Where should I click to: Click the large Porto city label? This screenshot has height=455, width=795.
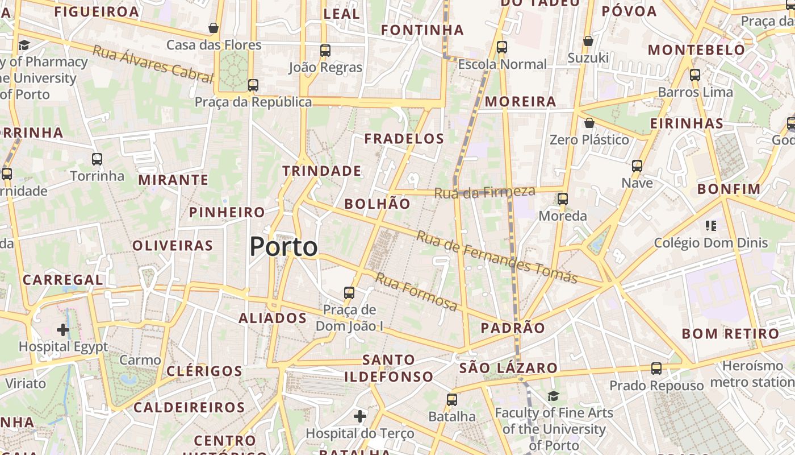(283, 247)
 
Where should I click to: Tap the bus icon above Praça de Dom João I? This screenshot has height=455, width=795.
(349, 293)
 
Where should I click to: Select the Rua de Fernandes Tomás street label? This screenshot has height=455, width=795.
(497, 257)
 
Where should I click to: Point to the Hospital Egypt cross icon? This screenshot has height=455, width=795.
(63, 329)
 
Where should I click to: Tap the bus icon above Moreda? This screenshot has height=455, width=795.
(563, 199)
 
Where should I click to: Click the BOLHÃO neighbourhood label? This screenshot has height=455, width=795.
(377, 204)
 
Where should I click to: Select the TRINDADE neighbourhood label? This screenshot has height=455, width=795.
(321, 171)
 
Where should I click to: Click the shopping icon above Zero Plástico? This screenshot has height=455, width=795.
(589, 123)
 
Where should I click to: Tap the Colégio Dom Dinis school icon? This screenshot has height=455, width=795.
(710, 226)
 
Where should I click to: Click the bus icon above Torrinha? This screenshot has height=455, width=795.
(97, 159)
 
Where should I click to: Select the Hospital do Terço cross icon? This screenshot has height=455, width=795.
(360, 416)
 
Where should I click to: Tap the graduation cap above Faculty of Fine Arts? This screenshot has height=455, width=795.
(553, 396)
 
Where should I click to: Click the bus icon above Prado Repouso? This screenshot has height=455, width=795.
(656, 368)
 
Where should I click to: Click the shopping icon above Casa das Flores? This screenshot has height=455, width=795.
(214, 28)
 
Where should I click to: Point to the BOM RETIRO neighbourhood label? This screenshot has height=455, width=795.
(730, 333)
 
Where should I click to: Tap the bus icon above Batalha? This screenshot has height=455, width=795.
(452, 399)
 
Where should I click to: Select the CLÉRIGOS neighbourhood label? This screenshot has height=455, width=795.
(204, 371)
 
